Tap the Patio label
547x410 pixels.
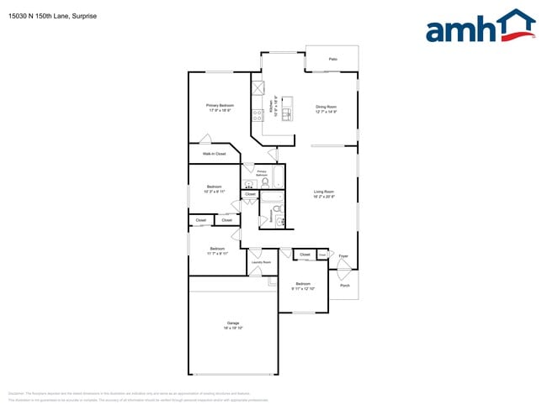tap(332, 60)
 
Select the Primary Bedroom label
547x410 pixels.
tap(220, 105)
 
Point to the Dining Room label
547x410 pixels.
tap(326, 106)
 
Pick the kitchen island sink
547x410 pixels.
tap(288, 113)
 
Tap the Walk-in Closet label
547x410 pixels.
tap(214, 154)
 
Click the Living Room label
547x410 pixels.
tap(324, 192)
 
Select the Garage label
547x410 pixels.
tap(233, 323)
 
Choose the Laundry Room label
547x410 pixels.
tap(261, 262)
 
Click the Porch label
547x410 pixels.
tap(344, 286)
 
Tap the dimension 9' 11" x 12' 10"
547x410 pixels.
tap(303, 288)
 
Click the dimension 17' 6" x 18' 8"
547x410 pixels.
tap(220, 110)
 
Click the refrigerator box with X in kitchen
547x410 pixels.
tap(258, 88)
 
